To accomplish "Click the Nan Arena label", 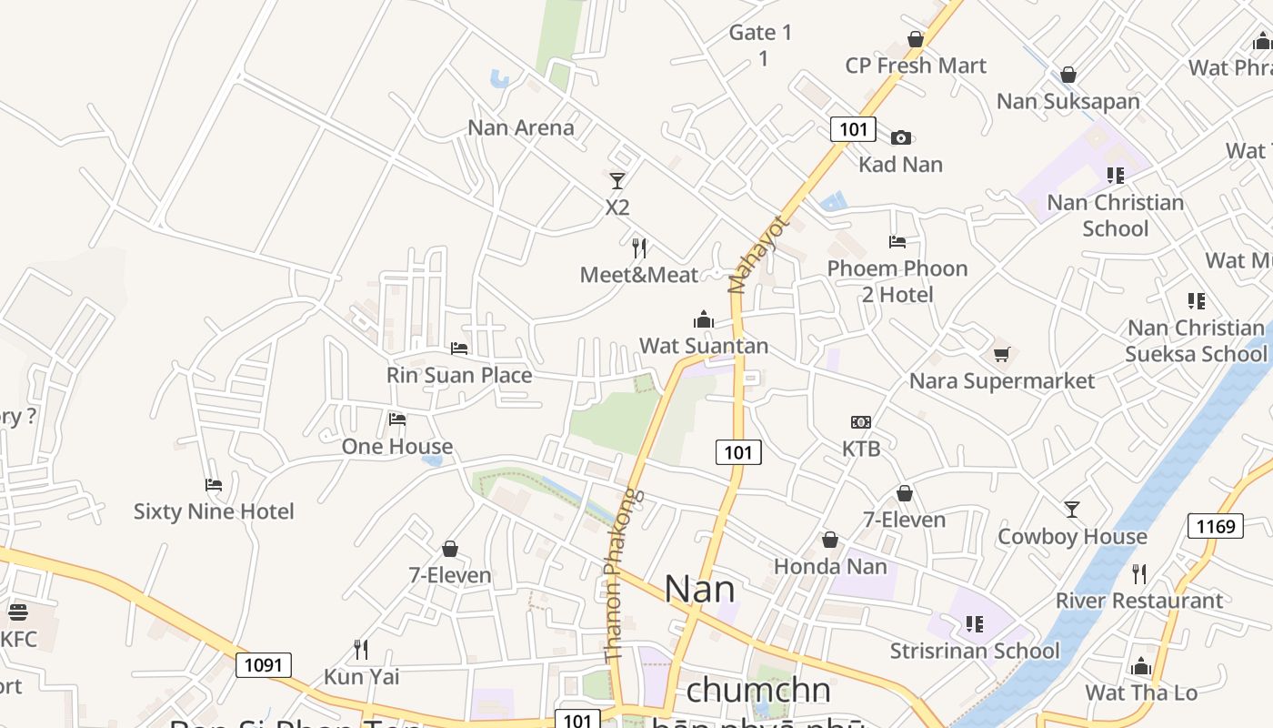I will (x=521, y=127).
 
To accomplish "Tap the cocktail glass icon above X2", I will (x=617, y=180).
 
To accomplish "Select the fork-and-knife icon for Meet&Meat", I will (x=639, y=248).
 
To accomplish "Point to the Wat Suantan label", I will (x=704, y=346).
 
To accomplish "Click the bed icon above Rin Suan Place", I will (x=459, y=348).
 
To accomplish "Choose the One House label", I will (x=397, y=446).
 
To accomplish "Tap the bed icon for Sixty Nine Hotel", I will (x=214, y=484).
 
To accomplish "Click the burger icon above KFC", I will (x=17, y=612).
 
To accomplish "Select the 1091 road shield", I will (x=264, y=665).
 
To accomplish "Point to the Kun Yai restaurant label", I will (x=362, y=677).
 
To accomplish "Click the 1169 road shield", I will (x=1216, y=526).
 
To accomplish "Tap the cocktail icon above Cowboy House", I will (x=1072, y=510).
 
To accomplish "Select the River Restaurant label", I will (x=1139, y=601).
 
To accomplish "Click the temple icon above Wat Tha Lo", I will (x=1141, y=666).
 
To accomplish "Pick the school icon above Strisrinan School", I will (x=975, y=624).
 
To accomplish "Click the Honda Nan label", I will (x=830, y=566).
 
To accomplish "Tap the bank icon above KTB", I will (x=861, y=422).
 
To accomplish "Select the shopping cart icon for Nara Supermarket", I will (x=1001, y=354).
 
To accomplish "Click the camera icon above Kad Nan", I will (x=901, y=137).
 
